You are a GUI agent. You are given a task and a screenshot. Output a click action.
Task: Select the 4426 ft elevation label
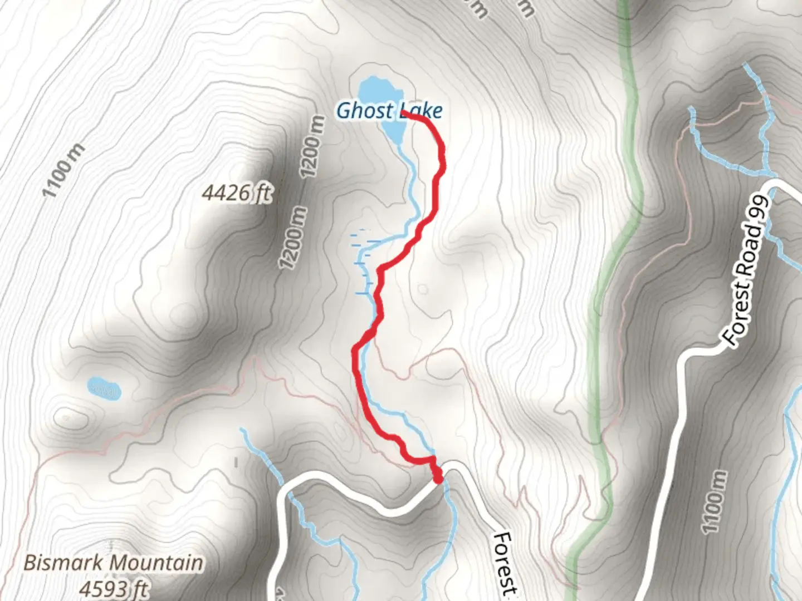[237, 193]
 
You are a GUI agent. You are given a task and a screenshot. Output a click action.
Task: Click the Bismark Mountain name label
[113, 563]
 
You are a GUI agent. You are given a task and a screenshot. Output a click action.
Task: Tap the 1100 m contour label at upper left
[64, 170]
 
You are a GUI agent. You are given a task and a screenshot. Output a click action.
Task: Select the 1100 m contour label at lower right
[714, 501]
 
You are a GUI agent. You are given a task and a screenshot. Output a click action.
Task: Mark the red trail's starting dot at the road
[438, 478]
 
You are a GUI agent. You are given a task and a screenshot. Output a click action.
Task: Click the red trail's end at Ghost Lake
[403, 114]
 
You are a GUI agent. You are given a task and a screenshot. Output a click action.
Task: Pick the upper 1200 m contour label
[312, 146]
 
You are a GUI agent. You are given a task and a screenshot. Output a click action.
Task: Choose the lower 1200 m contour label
[294, 238]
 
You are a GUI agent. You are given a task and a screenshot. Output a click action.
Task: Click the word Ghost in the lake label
[357, 111]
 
